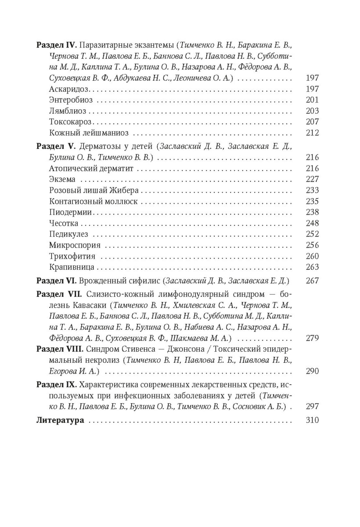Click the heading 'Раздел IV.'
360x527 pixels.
tap(54, 45)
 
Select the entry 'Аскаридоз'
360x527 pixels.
tap(67, 89)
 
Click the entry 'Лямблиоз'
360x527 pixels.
tap(68, 111)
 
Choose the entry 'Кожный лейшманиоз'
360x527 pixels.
tap(82, 133)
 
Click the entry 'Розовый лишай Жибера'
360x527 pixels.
tap(88, 190)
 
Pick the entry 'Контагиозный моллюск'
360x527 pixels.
tap(88, 201)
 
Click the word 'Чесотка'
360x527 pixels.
tap(64, 223)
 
